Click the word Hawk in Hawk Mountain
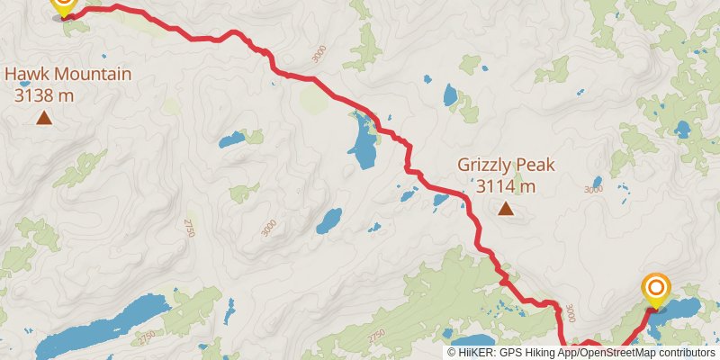(x=28, y=74)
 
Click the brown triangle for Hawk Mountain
(x=43, y=117)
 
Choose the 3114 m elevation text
(x=506, y=186)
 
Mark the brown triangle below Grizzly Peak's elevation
(x=506, y=210)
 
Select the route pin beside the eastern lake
(x=656, y=289)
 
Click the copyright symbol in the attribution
(x=452, y=353)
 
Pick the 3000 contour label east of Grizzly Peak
(x=592, y=189)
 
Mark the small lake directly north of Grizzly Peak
(x=450, y=94)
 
